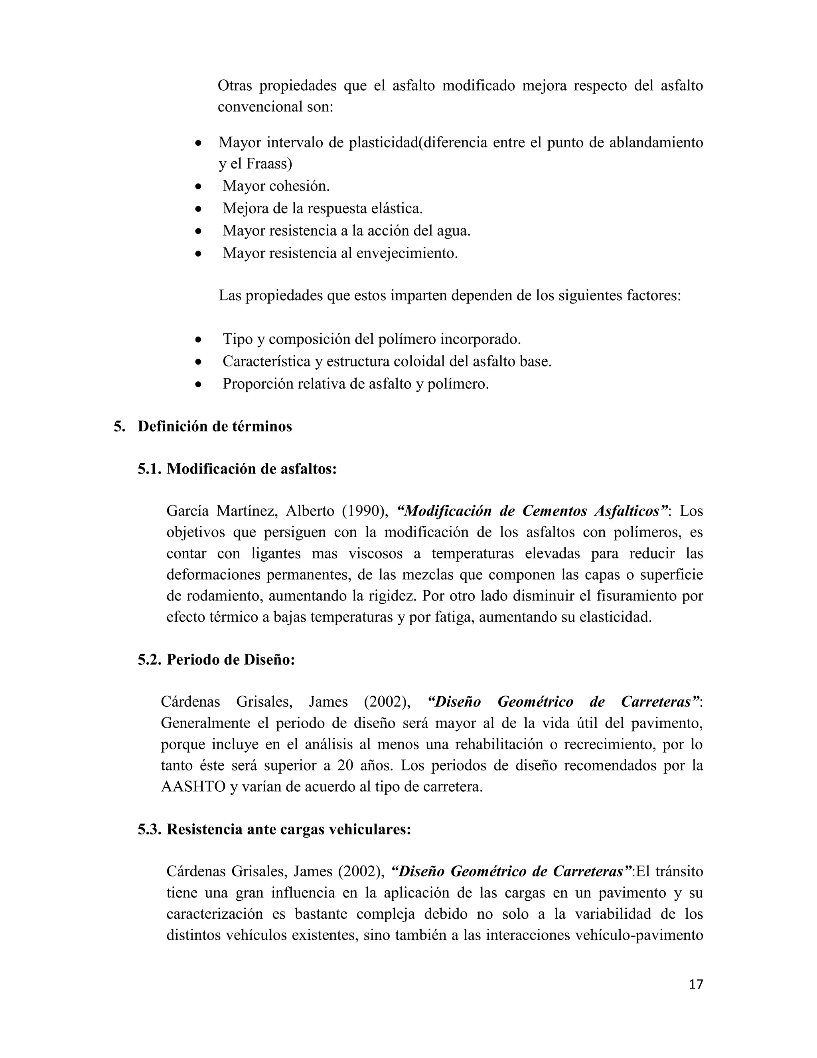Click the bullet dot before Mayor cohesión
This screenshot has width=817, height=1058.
pyautogui.click(x=197, y=186)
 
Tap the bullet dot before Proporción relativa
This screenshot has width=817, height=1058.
pyautogui.click(x=197, y=384)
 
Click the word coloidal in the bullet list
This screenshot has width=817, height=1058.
pyautogui.click(x=416, y=361)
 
